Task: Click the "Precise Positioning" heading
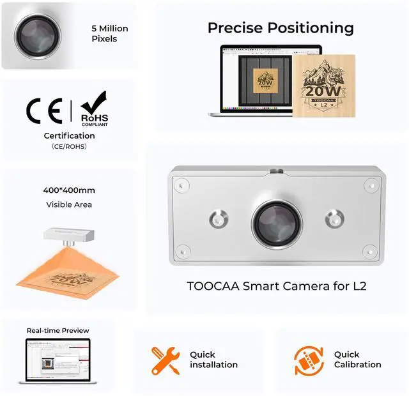click(x=281, y=28)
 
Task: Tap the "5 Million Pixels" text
click(x=109, y=33)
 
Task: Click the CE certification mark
click(x=44, y=111)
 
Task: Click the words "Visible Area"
click(x=69, y=204)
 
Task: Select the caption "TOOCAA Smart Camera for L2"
click(x=277, y=286)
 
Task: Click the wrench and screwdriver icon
click(x=165, y=360)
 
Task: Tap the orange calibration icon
click(x=309, y=360)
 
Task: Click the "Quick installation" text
click(x=213, y=360)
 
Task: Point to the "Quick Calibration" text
click(x=357, y=360)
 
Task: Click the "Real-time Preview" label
click(x=58, y=330)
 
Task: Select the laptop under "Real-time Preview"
click(x=58, y=361)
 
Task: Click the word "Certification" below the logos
click(x=69, y=135)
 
